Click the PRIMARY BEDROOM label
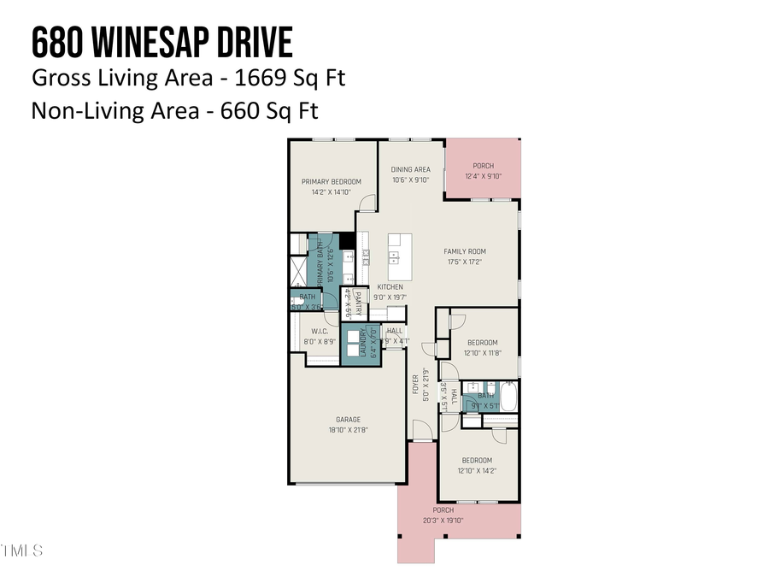(332, 181)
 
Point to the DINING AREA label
(411, 169)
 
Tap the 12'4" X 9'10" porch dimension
(483, 177)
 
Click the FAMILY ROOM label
(465, 251)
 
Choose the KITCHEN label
(390, 287)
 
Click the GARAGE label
(348, 420)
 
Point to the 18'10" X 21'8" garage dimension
(348, 430)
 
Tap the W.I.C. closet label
(320, 332)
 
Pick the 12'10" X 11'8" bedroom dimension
(482, 352)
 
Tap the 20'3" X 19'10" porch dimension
(443, 520)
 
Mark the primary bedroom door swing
(367, 203)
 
